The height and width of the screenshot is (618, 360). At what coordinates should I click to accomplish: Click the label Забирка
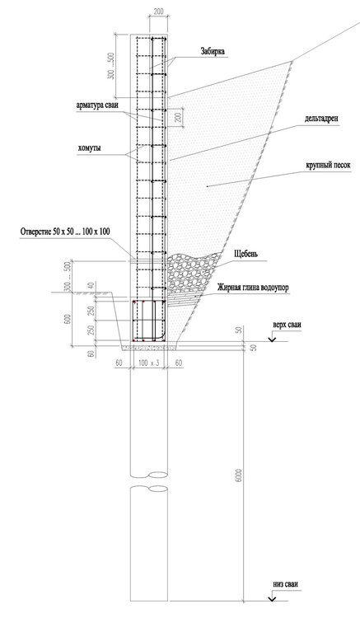point(213,51)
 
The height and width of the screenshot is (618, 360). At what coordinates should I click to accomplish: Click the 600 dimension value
point(71,321)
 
